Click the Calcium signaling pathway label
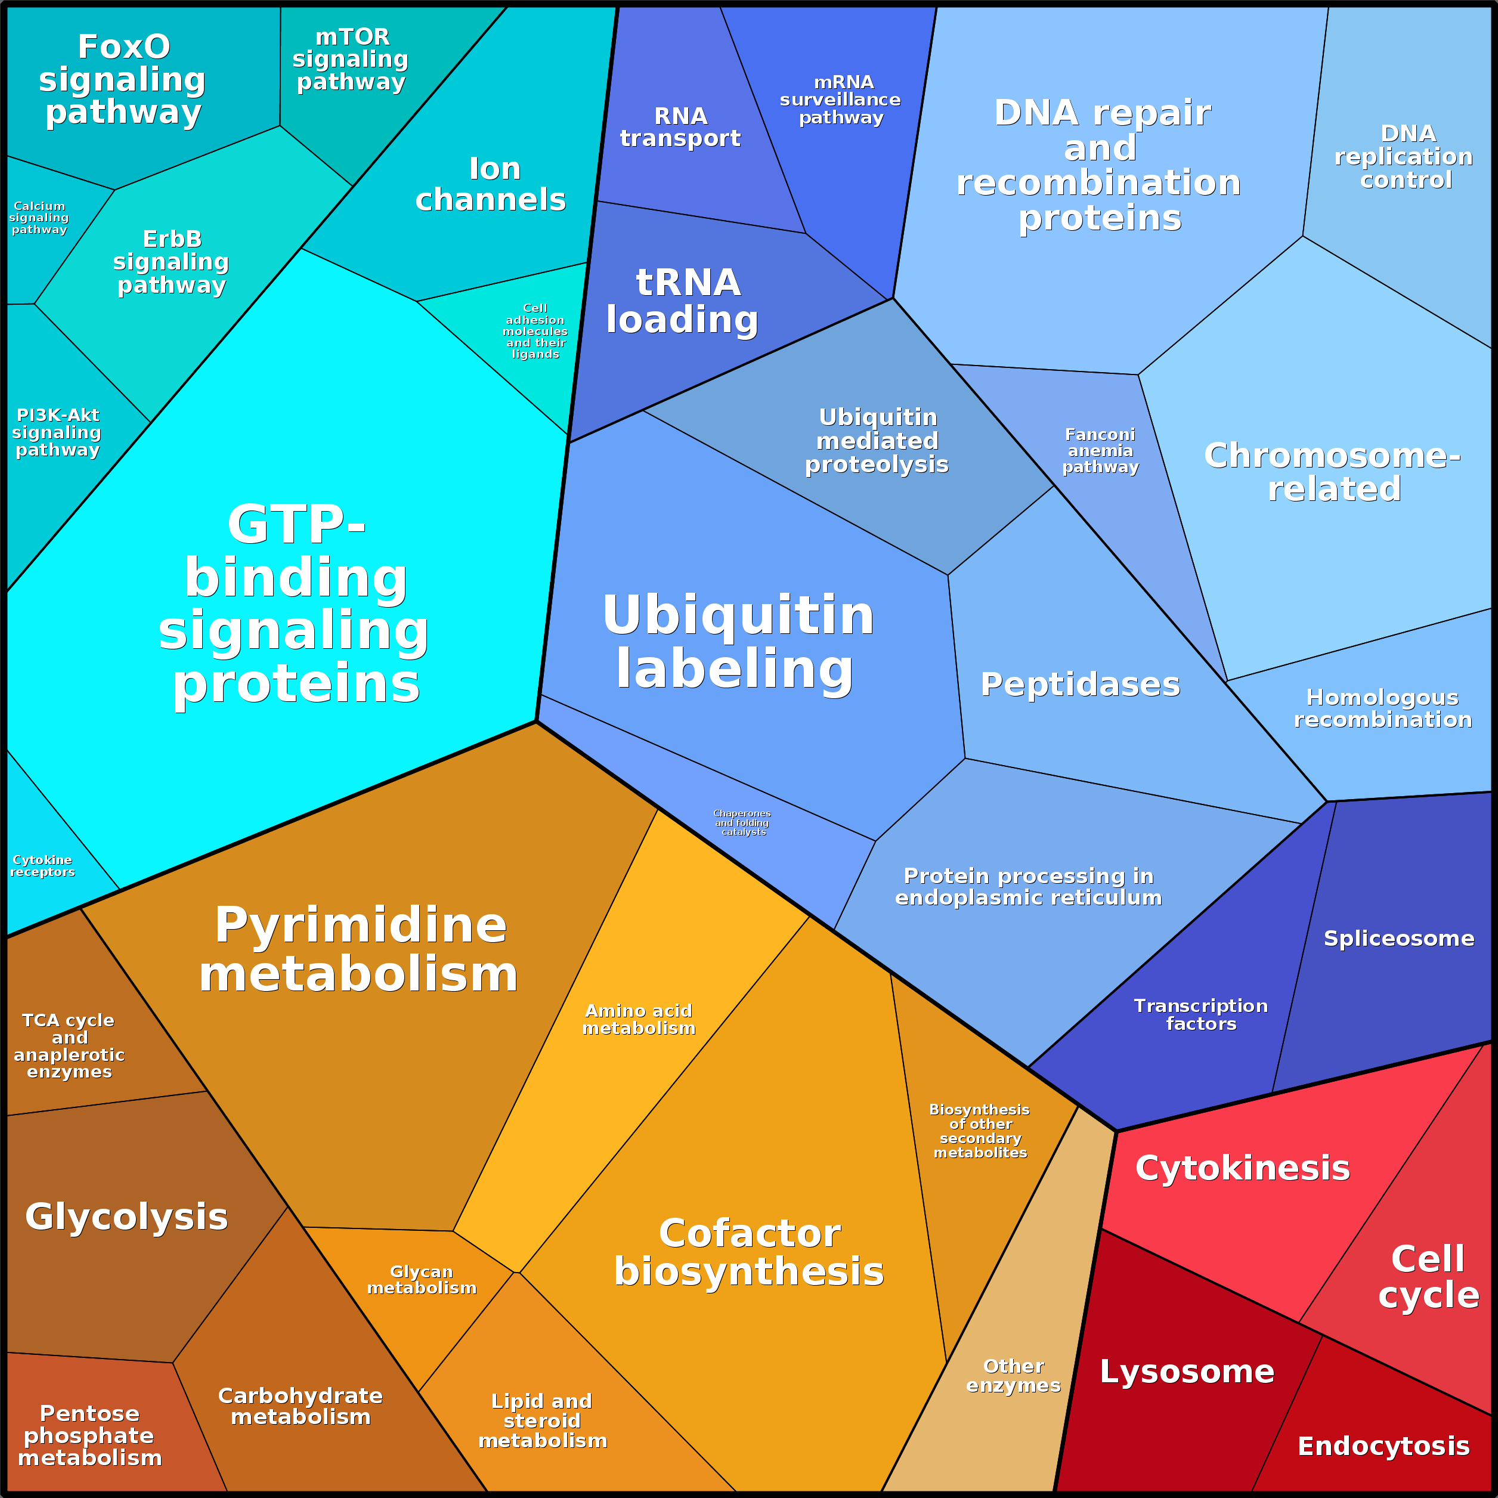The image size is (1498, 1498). pos(39,218)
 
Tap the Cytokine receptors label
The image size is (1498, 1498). pos(43,865)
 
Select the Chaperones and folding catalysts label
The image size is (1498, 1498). pos(742,823)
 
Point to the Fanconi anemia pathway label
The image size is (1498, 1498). pos(1100,450)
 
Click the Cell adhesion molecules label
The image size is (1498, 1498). pos(535,331)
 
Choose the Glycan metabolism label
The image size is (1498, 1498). pos(421,1279)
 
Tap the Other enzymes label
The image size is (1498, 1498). pos(1013,1376)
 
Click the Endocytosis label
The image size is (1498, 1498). pos(1384,1446)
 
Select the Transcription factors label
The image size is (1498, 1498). pos(1200,1014)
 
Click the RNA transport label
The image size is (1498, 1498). pos(680,127)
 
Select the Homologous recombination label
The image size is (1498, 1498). pos(1382,708)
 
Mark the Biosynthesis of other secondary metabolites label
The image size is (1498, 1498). pos(979,1131)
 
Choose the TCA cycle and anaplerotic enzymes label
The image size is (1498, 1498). pos(69,1045)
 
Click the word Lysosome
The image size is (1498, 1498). pos(1186,1372)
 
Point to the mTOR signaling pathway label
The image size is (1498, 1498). pos(351,60)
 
